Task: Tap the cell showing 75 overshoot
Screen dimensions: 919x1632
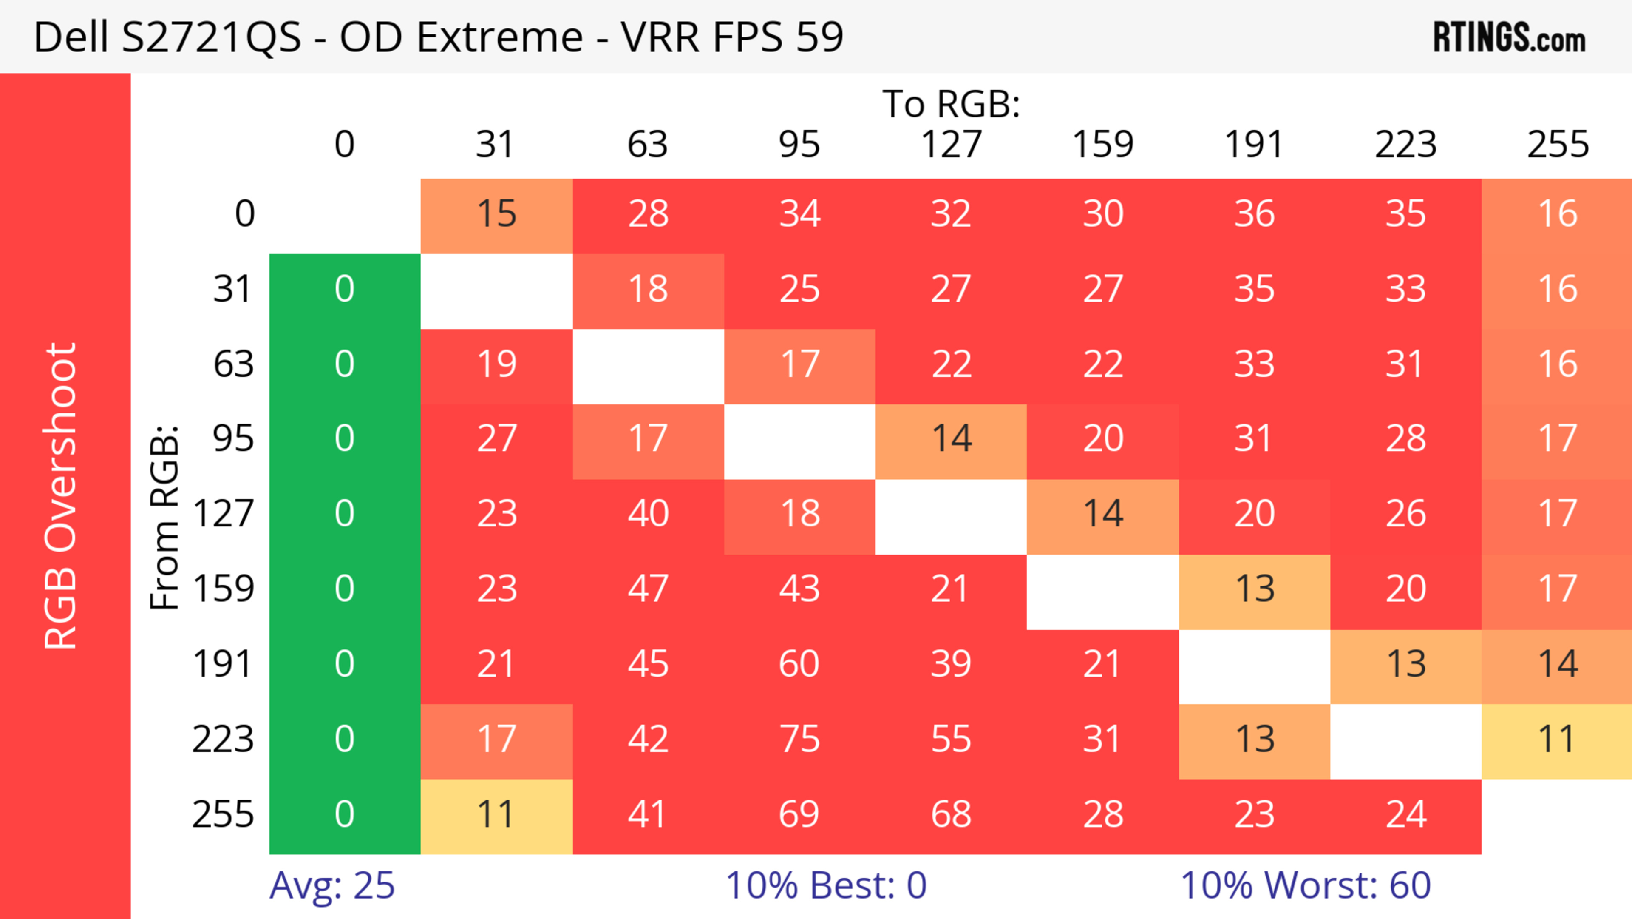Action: pos(799,740)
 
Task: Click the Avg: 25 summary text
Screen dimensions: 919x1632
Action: pos(332,885)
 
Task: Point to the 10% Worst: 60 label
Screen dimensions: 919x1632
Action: pos(1305,885)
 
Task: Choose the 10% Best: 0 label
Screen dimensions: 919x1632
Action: pos(825,885)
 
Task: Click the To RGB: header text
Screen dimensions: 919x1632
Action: pos(951,103)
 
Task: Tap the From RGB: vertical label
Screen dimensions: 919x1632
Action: pos(165,517)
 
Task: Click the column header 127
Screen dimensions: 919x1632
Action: pos(951,145)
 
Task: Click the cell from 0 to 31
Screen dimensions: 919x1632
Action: pos(497,214)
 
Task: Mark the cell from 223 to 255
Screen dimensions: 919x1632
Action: pos(1557,740)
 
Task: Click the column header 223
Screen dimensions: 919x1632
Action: pos(1406,145)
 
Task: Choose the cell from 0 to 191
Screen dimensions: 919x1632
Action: pos(1255,214)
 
